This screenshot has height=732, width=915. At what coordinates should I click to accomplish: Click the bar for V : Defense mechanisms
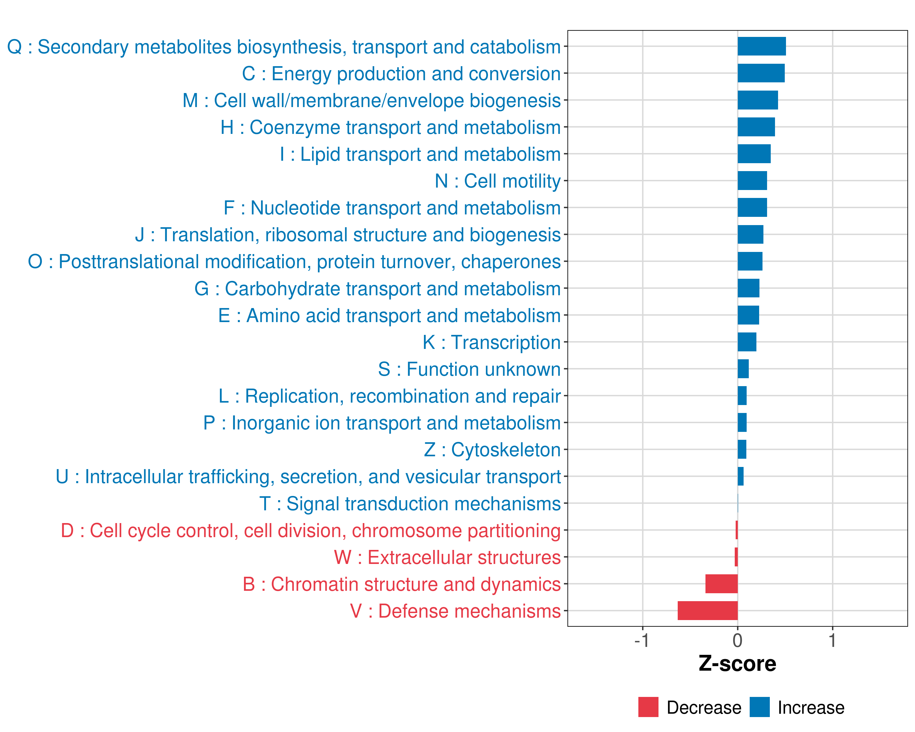(708, 610)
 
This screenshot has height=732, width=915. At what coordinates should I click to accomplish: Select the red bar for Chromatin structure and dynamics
(721, 583)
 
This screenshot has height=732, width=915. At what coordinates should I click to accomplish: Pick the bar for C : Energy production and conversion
(761, 73)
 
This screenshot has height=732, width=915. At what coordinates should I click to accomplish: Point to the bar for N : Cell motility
(752, 181)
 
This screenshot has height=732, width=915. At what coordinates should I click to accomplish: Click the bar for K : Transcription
(747, 342)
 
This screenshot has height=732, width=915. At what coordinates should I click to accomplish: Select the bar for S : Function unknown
(743, 369)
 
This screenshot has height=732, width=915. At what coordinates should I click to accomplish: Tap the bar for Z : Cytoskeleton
(742, 449)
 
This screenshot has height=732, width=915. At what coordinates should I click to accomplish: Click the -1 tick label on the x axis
(642, 641)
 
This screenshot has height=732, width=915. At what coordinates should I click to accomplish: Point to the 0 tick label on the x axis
(737, 641)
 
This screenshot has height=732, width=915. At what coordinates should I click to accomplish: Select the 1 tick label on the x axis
(832, 641)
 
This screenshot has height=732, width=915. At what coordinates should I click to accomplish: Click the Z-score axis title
(737, 664)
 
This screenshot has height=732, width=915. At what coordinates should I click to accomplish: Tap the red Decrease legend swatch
(648, 707)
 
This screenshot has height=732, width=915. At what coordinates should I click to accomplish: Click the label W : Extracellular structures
(447, 557)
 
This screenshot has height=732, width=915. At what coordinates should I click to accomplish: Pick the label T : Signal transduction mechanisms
(410, 504)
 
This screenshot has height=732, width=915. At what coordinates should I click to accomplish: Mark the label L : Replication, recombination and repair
(389, 396)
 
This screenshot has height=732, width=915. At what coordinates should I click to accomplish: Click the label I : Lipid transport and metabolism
(420, 154)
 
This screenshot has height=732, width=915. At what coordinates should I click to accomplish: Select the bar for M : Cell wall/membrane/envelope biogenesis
(758, 100)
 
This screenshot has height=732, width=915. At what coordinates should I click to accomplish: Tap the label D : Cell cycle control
(311, 530)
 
